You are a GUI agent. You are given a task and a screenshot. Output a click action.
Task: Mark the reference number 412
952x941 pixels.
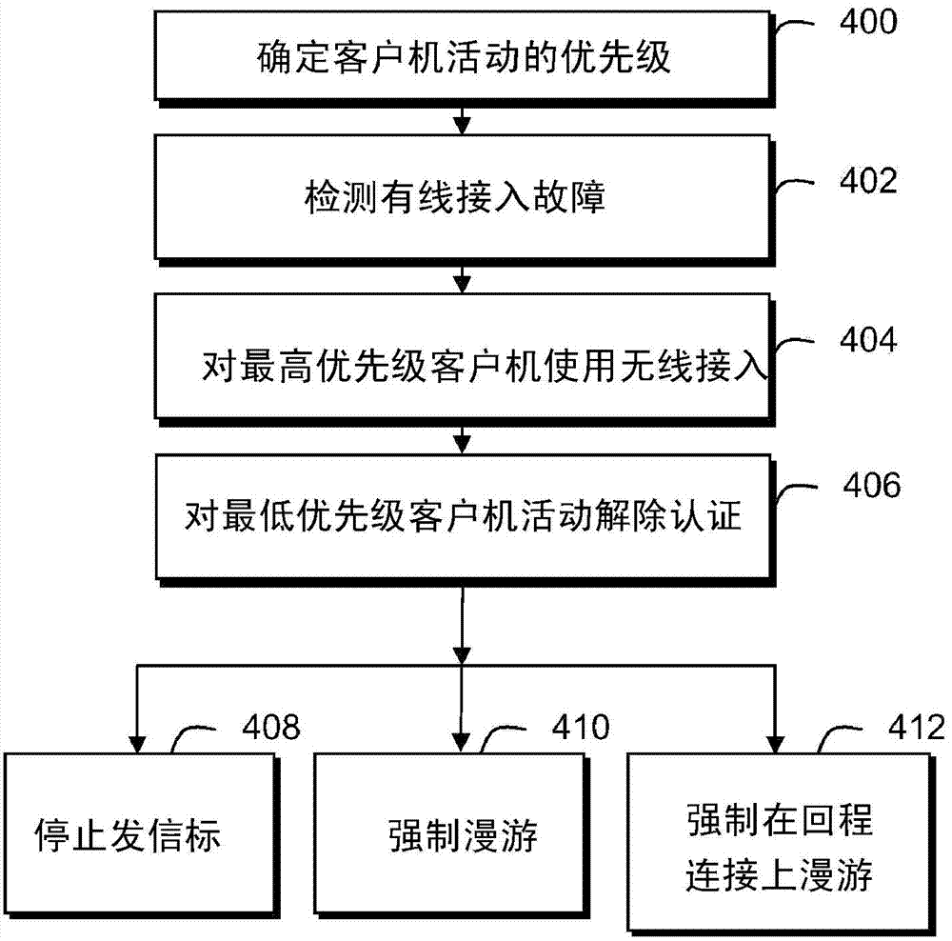(x=904, y=729)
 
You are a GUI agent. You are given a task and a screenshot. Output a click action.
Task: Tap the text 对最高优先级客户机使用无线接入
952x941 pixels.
(x=485, y=367)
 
